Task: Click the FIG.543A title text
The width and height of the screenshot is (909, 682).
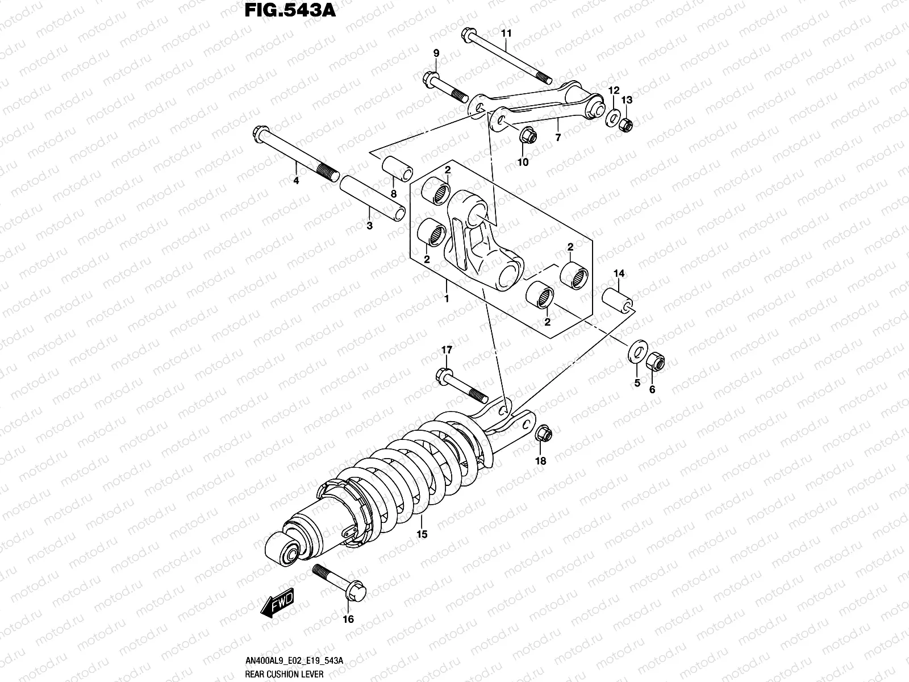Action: pos(290,11)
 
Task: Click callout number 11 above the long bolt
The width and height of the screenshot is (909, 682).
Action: pos(506,34)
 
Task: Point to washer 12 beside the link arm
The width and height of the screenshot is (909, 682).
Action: pos(612,117)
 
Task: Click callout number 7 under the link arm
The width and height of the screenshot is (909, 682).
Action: pos(558,138)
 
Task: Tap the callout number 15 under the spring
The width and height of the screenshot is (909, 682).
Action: pos(422,534)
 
